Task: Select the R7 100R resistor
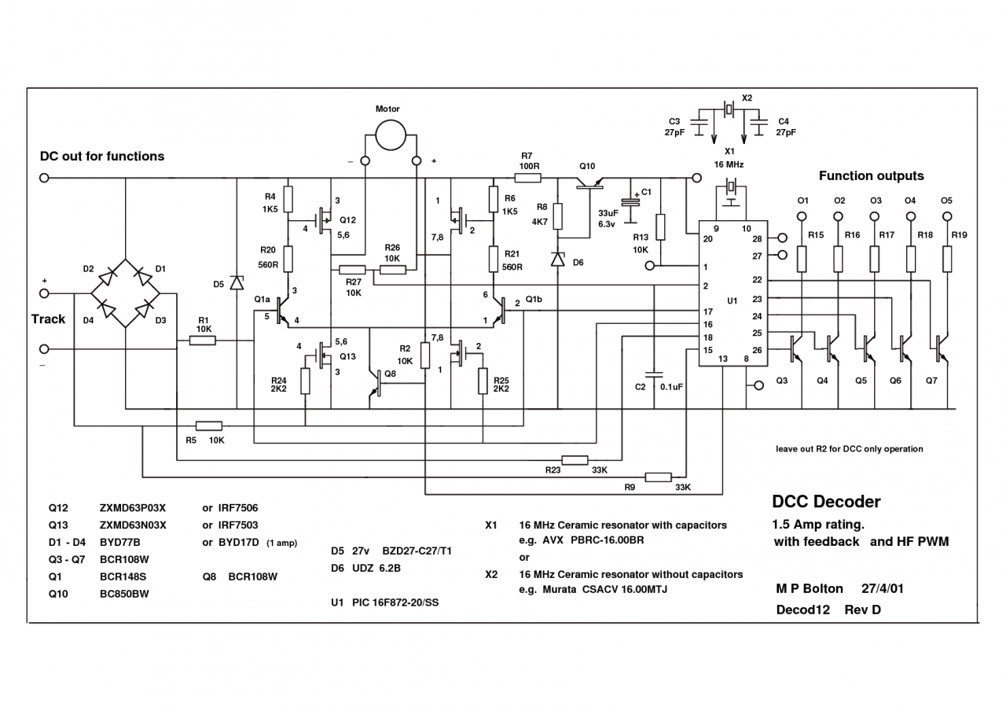point(527,178)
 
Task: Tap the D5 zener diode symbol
point(236,282)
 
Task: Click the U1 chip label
point(732,301)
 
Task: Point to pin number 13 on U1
point(722,359)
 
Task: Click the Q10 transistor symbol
point(588,182)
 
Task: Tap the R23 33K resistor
point(575,460)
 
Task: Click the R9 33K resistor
point(658,477)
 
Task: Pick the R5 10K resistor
point(208,425)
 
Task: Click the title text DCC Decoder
point(826,502)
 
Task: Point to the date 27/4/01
point(882,588)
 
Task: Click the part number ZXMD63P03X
point(133,507)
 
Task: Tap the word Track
point(48,319)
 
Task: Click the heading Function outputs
point(871,176)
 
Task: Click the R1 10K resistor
point(204,341)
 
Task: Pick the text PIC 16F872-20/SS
point(395,602)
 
